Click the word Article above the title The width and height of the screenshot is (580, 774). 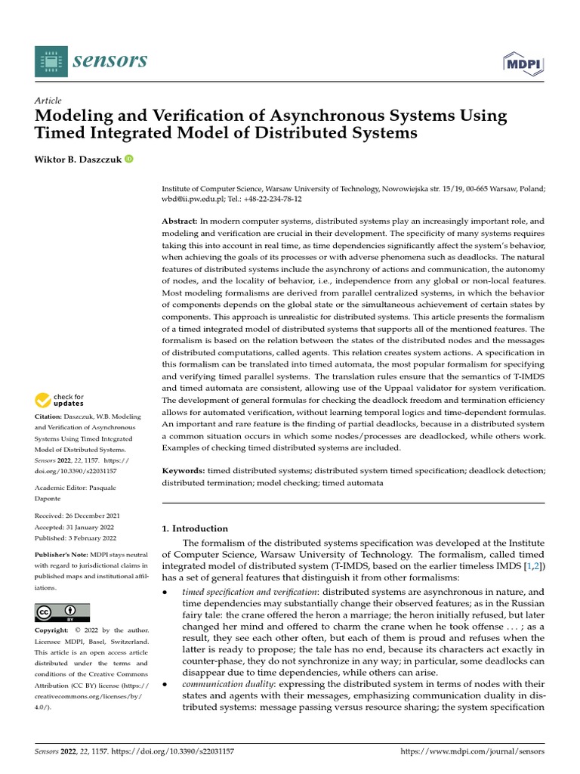tap(48, 101)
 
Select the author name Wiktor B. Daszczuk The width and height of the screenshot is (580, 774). tap(78, 159)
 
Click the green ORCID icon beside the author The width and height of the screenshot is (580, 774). tap(128, 159)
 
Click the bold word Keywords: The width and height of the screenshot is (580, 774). tap(184, 471)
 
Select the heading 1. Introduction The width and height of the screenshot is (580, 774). tap(195, 528)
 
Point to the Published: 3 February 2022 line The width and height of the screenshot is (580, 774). tap(76, 538)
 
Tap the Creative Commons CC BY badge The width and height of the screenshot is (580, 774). tap(62, 611)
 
